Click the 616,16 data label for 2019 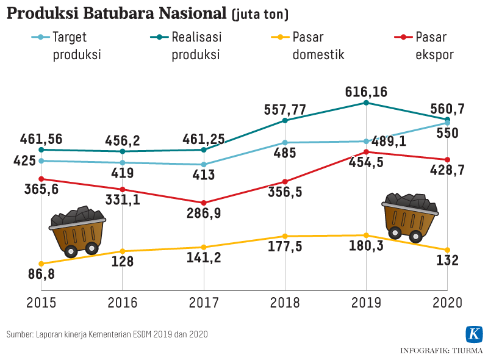[x=366, y=92]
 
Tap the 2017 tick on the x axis [x=203, y=303]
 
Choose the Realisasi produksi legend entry [x=185, y=46]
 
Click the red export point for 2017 [x=204, y=203]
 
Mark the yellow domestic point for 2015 [x=41, y=264]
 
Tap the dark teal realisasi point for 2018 [x=285, y=120]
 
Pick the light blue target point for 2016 [x=123, y=163]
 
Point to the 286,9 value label [x=204, y=215]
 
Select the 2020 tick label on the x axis [x=447, y=303]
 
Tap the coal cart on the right [x=410, y=215]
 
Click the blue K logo [x=474, y=334]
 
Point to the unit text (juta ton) [x=260, y=14]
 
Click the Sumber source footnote [x=107, y=334]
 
